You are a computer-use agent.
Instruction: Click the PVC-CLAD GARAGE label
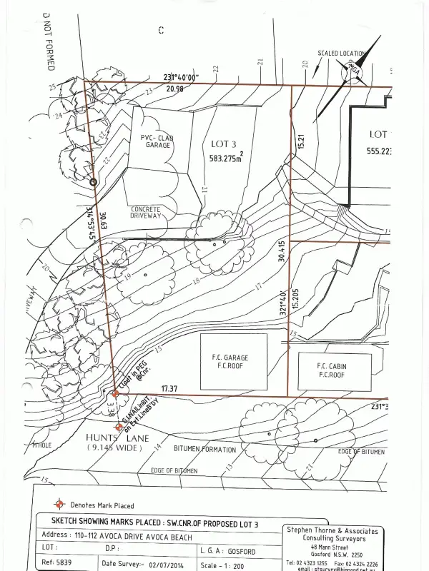coord(157,141)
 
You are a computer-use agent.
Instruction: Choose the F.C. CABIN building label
coord(332,370)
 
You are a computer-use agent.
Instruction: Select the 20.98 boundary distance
coord(175,89)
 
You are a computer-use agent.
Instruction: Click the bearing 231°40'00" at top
coord(180,78)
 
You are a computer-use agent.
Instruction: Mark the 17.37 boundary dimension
coord(169,388)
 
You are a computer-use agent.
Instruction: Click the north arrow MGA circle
coord(352,71)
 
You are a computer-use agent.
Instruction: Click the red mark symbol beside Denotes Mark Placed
coord(60,504)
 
